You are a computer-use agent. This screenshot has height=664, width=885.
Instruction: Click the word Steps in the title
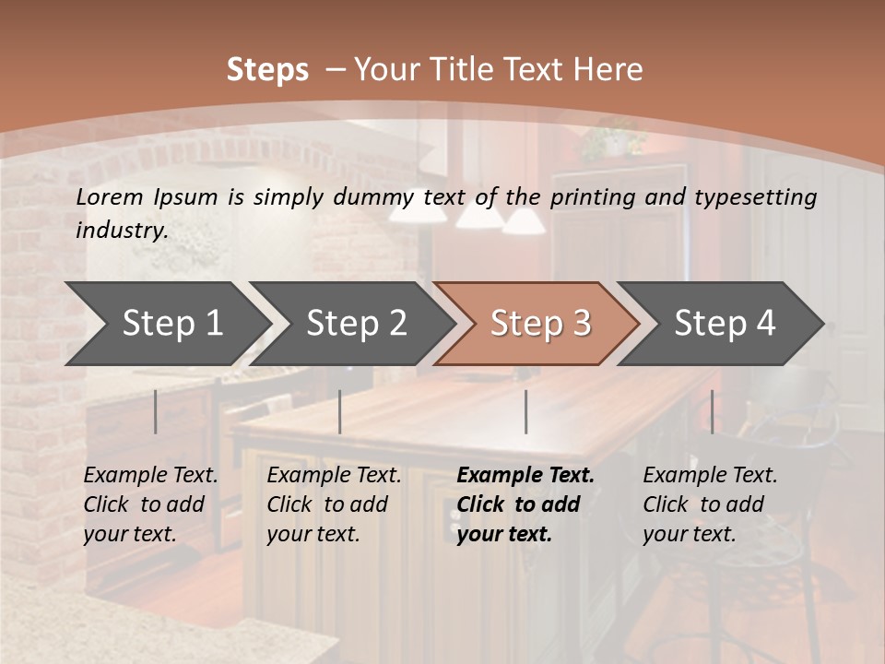point(267,70)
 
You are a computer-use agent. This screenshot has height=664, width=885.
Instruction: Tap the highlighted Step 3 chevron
point(540,323)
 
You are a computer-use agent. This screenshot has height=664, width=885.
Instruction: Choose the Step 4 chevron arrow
point(725,323)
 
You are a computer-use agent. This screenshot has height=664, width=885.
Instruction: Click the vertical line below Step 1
point(156,411)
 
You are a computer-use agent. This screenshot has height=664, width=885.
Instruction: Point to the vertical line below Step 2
point(340,411)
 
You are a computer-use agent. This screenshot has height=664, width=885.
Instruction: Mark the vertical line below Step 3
point(525,411)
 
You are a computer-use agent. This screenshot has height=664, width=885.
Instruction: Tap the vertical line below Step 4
point(712,411)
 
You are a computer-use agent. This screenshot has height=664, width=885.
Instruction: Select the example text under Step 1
point(150,504)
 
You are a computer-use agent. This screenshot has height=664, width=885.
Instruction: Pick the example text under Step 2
point(334,504)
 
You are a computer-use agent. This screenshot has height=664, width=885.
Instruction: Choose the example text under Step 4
point(710,504)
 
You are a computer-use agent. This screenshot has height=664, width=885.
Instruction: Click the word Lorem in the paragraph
point(110,197)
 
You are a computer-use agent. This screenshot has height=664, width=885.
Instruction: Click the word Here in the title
point(608,70)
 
